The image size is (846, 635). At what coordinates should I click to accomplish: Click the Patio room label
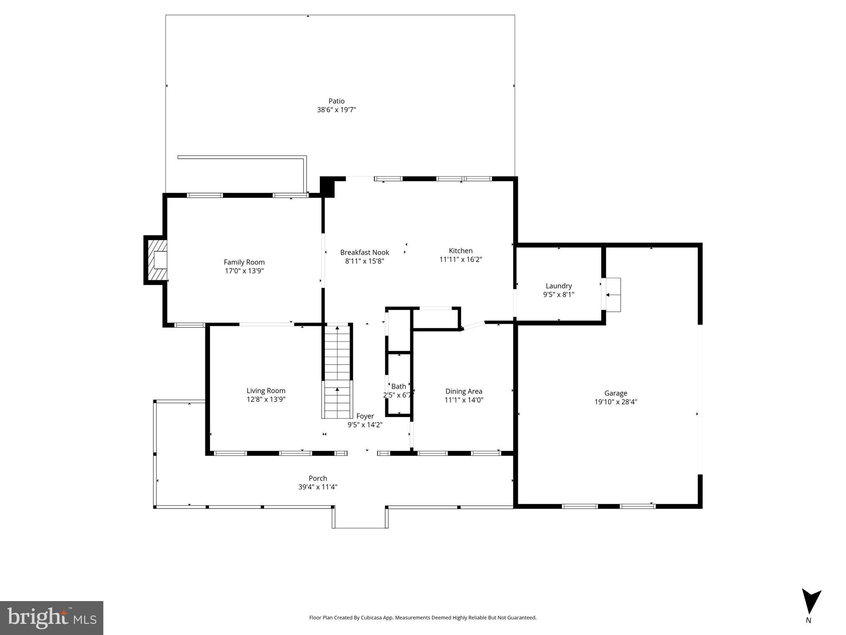[x=336, y=101]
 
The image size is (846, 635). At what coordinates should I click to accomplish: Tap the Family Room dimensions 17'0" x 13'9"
[x=244, y=271]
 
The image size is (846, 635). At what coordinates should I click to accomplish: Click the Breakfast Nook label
[x=365, y=252]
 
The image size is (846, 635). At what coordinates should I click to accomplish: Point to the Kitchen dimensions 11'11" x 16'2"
[x=460, y=260]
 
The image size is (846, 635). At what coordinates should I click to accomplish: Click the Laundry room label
[x=558, y=286]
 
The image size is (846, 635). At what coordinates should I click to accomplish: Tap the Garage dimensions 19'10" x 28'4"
[x=615, y=402]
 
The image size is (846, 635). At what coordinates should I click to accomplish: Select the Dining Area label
[x=463, y=391]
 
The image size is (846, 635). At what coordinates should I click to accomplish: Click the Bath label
[x=398, y=386]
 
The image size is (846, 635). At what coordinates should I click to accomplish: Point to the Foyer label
[x=365, y=416]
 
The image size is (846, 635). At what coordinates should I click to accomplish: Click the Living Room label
[x=266, y=390]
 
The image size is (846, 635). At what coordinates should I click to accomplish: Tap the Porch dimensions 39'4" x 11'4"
[x=317, y=487]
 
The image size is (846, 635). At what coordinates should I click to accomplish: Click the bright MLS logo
[x=52, y=618]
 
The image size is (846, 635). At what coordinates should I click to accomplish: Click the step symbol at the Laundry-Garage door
[x=613, y=295]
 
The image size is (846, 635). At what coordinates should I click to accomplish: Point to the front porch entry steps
[x=360, y=518]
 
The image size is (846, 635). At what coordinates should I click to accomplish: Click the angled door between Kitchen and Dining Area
[x=472, y=326]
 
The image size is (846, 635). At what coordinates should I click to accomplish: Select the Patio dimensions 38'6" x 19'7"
[x=336, y=110]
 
